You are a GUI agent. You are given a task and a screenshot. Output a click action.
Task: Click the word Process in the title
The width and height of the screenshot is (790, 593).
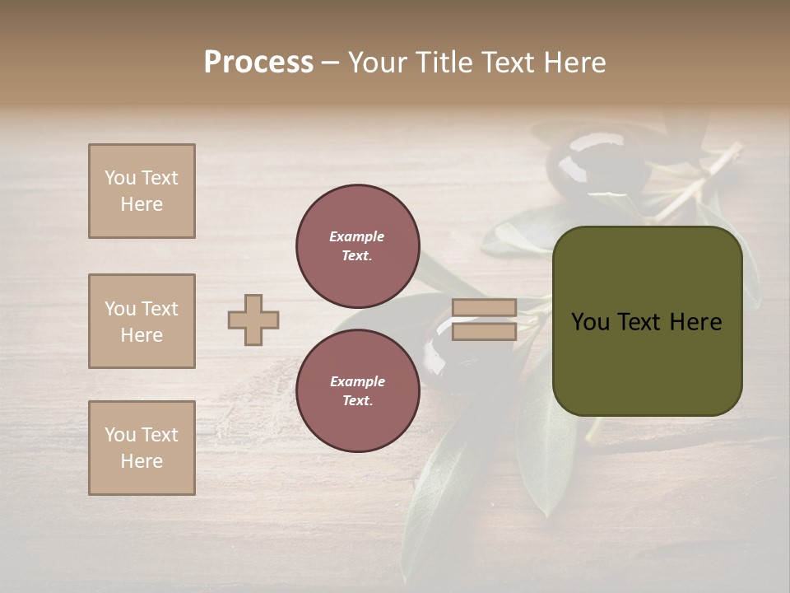258,63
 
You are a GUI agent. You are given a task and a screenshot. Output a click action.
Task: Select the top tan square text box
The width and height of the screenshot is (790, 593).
142,191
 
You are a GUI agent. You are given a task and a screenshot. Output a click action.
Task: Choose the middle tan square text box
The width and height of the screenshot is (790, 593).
142,321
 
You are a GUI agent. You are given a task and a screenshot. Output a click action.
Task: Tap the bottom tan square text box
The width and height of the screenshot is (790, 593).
142,448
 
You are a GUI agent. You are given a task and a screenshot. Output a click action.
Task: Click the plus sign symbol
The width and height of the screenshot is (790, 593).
253,320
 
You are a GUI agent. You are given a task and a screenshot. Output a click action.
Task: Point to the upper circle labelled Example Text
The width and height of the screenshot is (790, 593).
357,245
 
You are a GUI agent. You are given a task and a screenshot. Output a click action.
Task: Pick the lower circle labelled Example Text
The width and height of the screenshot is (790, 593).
357,390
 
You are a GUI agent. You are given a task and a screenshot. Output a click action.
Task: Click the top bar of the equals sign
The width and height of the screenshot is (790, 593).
485,308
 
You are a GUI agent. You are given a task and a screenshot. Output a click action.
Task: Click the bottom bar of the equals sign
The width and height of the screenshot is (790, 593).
485,331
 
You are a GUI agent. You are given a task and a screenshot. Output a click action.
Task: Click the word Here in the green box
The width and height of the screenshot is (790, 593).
695,322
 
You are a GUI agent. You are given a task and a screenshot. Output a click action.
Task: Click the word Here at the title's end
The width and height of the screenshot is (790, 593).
574,63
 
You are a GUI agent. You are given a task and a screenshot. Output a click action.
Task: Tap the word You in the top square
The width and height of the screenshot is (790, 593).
120,178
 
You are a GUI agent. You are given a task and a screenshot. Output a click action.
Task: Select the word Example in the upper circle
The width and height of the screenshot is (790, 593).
356,236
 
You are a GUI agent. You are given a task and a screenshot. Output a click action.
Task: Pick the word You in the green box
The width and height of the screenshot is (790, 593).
590,322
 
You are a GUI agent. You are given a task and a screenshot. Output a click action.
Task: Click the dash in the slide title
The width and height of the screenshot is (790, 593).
330,63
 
